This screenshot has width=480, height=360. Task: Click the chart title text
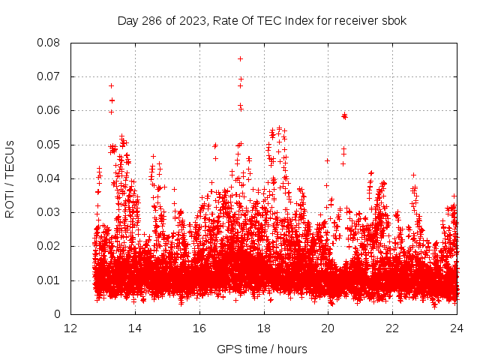pyautogui.click(x=262, y=20)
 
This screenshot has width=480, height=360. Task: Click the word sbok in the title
pyautogui.click(x=392, y=20)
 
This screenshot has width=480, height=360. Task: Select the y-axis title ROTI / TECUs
pyautogui.click(x=10, y=178)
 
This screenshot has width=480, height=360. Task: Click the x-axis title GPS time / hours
pyautogui.click(x=262, y=349)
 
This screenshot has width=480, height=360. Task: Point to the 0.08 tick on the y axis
pyautogui.click(x=50, y=43)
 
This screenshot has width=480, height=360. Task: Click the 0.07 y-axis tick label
pyautogui.click(x=50, y=76)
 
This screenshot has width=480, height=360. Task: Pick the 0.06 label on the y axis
pyautogui.click(x=50, y=110)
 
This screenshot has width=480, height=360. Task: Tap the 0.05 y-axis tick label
pyautogui.click(x=50, y=145)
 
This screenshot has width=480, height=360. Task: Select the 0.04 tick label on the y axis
pyautogui.click(x=50, y=178)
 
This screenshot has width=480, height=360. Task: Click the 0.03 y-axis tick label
pyautogui.click(x=50, y=212)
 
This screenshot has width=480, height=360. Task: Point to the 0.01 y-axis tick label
pyautogui.click(x=50, y=280)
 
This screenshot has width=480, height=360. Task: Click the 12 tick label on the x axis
pyautogui.click(x=70, y=328)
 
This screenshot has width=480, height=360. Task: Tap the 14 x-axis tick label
pyautogui.click(x=135, y=328)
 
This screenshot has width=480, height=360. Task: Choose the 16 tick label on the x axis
pyautogui.click(x=199, y=328)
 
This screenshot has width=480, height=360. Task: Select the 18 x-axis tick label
pyautogui.click(x=264, y=328)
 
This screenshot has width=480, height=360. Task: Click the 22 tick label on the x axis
pyautogui.click(x=393, y=328)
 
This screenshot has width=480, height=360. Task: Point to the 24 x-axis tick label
pyautogui.click(x=457, y=328)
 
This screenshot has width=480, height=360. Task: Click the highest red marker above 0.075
pyautogui.click(x=240, y=58)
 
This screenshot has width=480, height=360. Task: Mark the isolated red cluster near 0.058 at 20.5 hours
pyautogui.click(x=344, y=115)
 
